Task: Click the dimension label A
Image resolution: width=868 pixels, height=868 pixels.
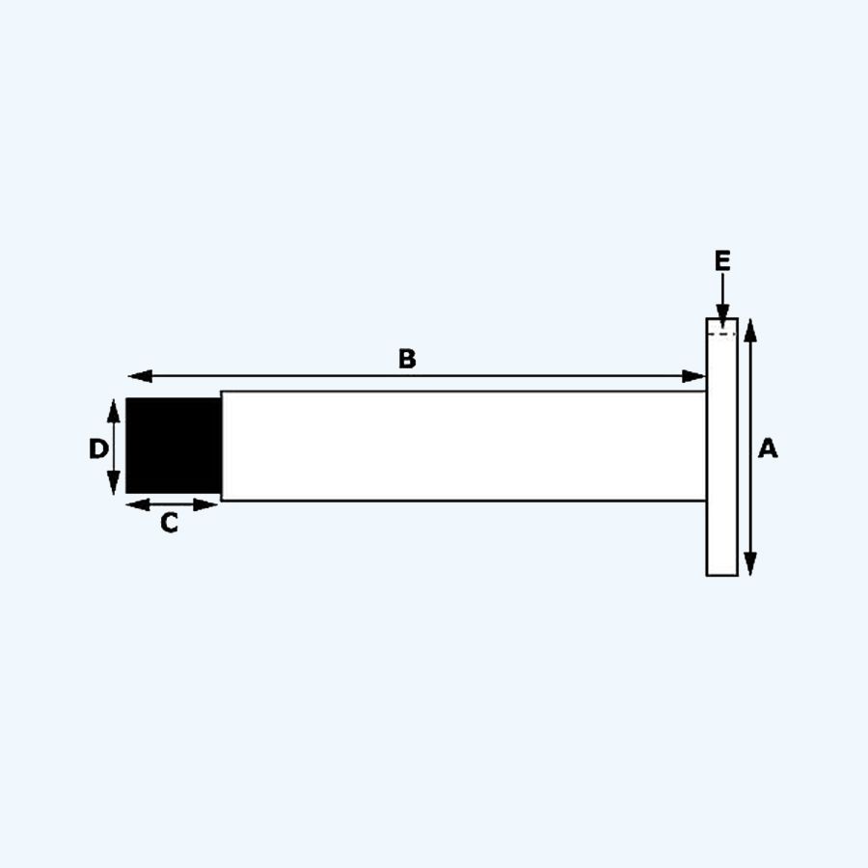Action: [x=768, y=448]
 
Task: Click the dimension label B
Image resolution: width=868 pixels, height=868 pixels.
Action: [x=407, y=359]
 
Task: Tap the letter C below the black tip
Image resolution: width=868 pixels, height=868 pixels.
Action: [x=169, y=524]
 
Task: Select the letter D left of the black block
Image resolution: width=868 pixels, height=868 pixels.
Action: [x=98, y=448]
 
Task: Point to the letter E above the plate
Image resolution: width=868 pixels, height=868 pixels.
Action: [x=722, y=260]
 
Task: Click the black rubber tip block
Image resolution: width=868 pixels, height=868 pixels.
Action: [x=174, y=446]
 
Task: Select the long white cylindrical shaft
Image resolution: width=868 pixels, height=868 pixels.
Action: [x=463, y=446]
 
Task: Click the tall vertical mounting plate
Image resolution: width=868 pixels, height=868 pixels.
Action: [x=721, y=453]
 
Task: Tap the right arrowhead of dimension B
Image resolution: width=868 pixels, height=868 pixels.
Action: [x=696, y=376]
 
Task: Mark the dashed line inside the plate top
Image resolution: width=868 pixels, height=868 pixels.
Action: [x=721, y=334]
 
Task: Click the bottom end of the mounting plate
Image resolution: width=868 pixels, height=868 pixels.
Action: [x=721, y=573]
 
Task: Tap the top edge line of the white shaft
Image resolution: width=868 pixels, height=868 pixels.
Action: [x=463, y=391]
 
